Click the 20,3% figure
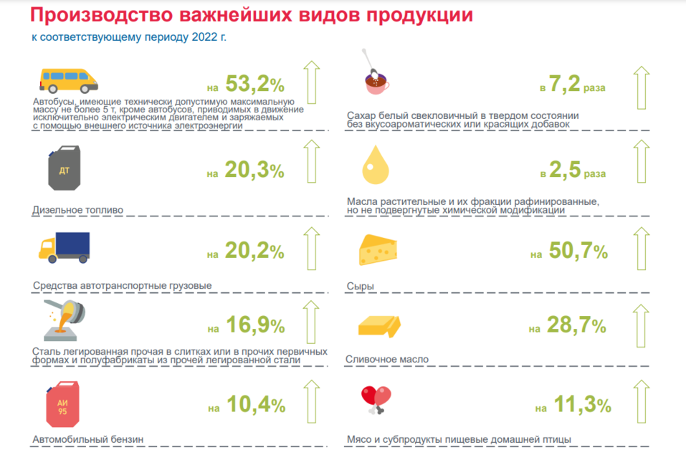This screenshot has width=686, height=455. pos(254,171)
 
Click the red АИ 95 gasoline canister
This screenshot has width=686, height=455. pos(63,406)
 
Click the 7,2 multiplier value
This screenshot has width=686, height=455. pos(564,87)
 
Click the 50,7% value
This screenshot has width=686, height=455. pos(578,252)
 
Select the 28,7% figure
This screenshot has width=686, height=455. pos(577,327)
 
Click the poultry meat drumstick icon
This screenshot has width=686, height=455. pos(376,398)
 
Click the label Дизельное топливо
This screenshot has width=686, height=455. pos(78,211)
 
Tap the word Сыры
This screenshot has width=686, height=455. pos(361,287)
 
